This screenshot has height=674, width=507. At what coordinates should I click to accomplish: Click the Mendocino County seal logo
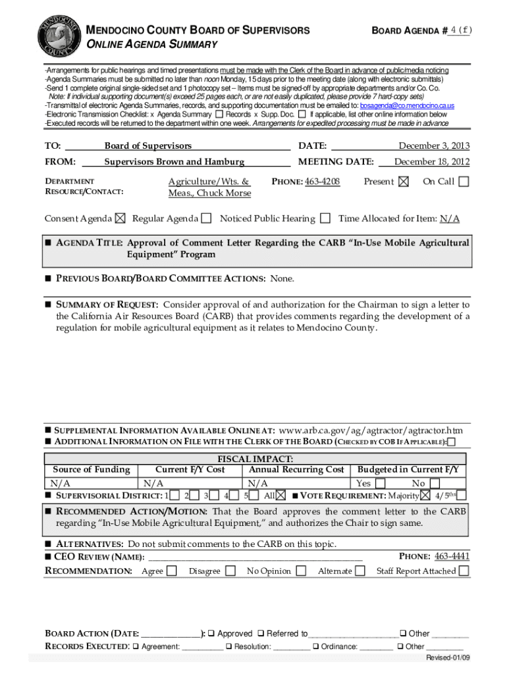[x=60, y=32]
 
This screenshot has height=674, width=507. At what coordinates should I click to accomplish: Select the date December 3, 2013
[x=434, y=145]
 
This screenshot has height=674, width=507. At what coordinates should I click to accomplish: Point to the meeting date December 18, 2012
[x=432, y=161]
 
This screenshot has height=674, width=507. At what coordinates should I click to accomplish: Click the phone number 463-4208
[x=322, y=181]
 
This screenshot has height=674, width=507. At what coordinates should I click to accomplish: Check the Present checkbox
[x=404, y=182]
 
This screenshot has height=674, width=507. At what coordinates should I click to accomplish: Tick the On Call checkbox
[x=464, y=182]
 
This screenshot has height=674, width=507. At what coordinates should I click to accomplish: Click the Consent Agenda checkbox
[x=120, y=219]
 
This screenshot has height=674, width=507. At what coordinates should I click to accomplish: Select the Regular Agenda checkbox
[x=206, y=219]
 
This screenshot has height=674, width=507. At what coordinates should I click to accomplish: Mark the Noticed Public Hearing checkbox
[x=325, y=219]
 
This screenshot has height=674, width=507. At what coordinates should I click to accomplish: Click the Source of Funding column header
[x=91, y=469]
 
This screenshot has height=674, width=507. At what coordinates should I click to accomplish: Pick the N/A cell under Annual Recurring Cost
[x=258, y=483]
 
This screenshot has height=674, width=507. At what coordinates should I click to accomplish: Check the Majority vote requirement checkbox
[x=425, y=495]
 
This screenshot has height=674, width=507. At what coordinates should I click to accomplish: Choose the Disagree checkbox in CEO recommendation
[x=230, y=571]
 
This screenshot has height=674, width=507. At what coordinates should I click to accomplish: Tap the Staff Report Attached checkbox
[x=464, y=571]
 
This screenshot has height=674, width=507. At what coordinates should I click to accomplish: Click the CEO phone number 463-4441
[x=452, y=556]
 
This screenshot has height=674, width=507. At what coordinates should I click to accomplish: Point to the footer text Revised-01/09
[x=448, y=658]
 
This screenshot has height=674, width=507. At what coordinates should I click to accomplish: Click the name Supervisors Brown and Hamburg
[x=174, y=161]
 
